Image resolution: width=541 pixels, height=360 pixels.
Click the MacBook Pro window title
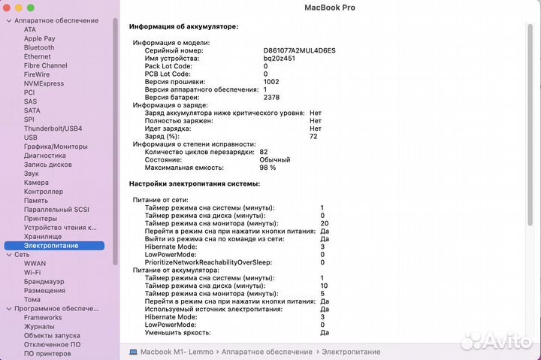(x=330, y=8)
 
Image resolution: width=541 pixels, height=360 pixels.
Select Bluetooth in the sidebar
(x=39, y=47)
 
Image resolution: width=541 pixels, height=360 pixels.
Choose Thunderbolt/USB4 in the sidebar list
(x=53, y=129)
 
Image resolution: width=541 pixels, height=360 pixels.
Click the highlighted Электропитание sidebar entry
(x=51, y=246)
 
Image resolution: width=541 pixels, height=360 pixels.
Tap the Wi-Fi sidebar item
(x=32, y=272)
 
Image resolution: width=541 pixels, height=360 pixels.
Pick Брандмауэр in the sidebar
(x=44, y=281)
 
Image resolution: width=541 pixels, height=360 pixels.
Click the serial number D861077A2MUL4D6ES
(x=299, y=50)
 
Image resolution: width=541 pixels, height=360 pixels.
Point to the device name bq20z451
(x=278, y=59)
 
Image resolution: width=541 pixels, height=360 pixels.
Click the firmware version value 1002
(x=271, y=82)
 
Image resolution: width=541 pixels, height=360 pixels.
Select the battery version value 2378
(x=271, y=98)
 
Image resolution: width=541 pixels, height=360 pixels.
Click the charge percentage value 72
(x=313, y=136)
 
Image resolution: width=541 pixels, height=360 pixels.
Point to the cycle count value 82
(x=263, y=152)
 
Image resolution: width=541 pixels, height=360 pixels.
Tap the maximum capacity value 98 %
(x=267, y=168)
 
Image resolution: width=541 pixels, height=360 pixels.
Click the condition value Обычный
(x=274, y=160)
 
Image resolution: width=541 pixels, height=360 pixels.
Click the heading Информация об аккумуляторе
(x=183, y=26)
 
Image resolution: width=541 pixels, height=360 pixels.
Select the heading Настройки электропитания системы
(x=195, y=183)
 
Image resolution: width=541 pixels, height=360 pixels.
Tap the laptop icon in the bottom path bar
(x=133, y=351)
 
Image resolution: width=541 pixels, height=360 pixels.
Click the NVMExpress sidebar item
(x=44, y=83)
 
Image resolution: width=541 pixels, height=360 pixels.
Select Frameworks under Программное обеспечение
(x=42, y=318)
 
